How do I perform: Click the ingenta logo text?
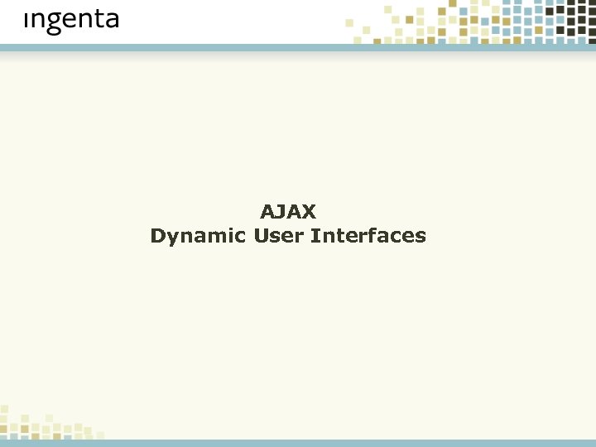(x=71, y=21)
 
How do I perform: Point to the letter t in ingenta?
(x=95, y=20)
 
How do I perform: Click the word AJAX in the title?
(x=288, y=212)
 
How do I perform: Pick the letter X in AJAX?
(x=308, y=212)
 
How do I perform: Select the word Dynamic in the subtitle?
(x=198, y=237)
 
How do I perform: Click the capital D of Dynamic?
(x=157, y=236)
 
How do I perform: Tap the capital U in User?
(x=261, y=236)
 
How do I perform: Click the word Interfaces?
(x=368, y=236)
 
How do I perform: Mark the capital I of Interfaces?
(x=314, y=236)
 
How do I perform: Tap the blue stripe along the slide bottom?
(x=298, y=443)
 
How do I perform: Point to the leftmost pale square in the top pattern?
(x=349, y=23)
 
